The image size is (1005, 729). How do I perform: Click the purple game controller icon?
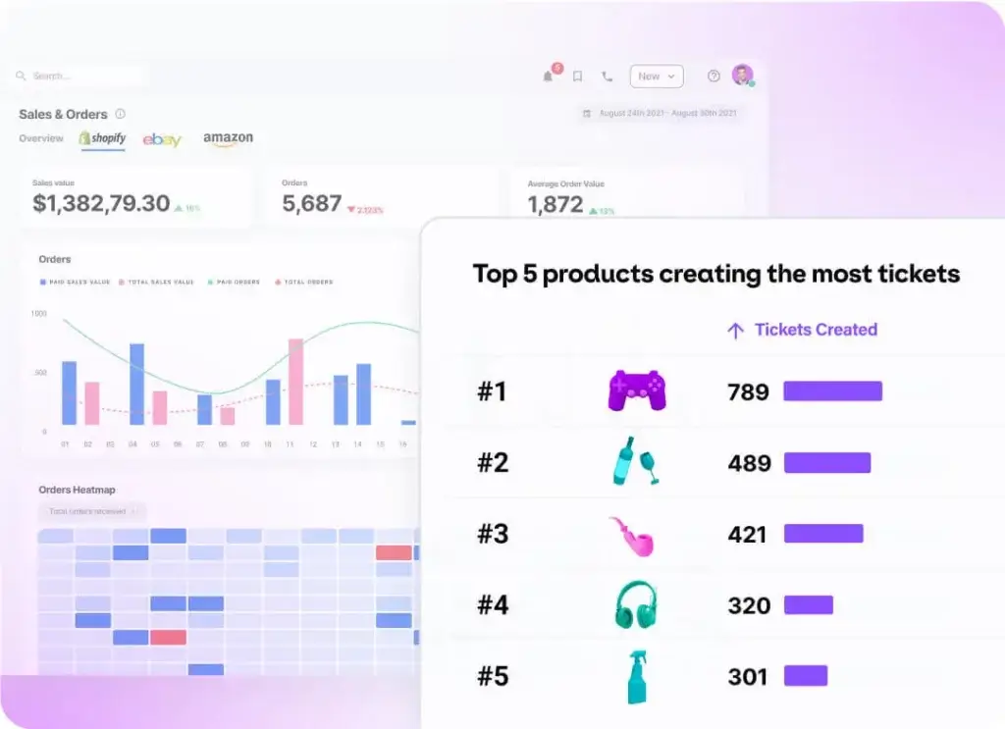(x=637, y=391)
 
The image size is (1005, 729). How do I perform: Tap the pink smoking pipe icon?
(x=631, y=536)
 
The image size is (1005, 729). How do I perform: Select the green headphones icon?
(x=636, y=605)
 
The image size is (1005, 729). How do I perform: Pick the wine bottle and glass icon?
(x=634, y=462)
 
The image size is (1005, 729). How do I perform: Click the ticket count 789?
(x=748, y=392)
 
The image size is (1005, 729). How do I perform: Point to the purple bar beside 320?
(x=808, y=605)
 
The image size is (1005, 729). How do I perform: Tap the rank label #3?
(x=493, y=535)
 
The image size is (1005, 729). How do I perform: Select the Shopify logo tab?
(x=103, y=139)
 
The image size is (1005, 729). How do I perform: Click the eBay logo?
(x=162, y=140)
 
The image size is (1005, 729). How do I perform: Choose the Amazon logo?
(x=228, y=139)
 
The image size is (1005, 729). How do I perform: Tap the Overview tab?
(x=41, y=139)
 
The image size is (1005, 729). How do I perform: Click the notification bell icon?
(x=548, y=77)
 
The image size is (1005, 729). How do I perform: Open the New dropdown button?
(x=656, y=77)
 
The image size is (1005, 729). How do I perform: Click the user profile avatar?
(x=742, y=76)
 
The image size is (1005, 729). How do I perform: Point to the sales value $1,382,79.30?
(x=101, y=204)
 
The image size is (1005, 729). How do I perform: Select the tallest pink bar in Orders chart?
(x=295, y=382)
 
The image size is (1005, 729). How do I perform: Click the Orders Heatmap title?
(x=78, y=490)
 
